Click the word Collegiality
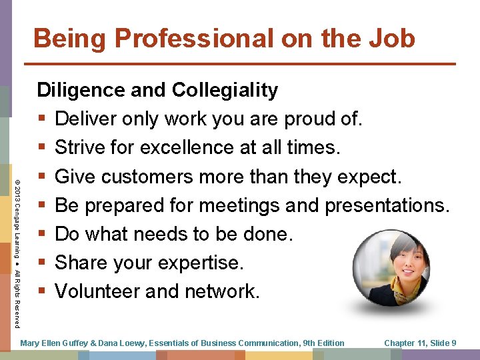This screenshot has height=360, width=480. tap(225, 91)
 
